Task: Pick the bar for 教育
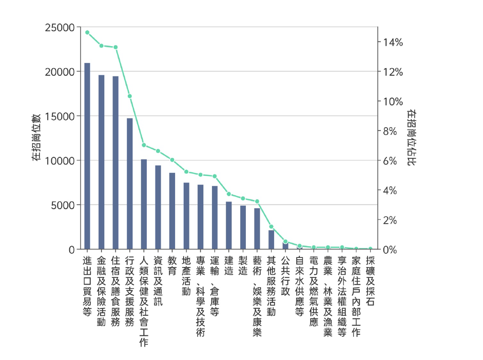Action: (172, 211)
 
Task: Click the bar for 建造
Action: (229, 226)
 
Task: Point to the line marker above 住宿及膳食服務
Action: (115, 47)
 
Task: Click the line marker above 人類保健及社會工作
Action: (144, 145)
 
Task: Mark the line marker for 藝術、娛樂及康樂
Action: (257, 202)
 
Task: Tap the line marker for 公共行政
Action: (285, 242)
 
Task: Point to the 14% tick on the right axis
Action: (393, 42)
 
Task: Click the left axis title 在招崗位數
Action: (36, 138)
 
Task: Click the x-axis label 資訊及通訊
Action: (158, 282)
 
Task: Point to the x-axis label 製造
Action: (243, 267)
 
